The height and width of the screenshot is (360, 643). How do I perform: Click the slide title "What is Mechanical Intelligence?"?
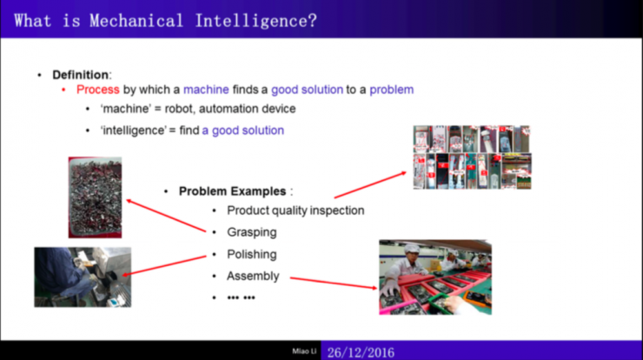coord(165,21)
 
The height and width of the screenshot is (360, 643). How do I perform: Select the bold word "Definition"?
coord(80,75)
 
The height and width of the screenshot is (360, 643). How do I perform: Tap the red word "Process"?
coord(98,90)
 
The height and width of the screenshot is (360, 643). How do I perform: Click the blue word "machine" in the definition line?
coord(206,90)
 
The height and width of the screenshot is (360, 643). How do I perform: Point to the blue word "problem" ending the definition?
coord(392,90)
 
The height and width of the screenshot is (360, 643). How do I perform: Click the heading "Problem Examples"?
coord(233,191)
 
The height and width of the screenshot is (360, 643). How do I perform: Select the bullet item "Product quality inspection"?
coord(295,210)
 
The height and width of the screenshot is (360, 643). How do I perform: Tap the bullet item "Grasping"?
coord(252,232)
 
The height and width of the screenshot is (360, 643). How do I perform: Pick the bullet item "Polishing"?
coord(252,255)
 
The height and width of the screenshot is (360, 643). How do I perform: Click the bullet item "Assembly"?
coord(253,277)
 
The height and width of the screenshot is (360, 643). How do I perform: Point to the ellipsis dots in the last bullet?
coord(242,297)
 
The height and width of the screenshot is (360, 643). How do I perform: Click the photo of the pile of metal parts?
coord(95,197)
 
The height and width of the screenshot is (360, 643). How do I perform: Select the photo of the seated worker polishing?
coord(83,277)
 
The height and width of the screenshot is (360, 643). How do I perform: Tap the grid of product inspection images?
coord(472,157)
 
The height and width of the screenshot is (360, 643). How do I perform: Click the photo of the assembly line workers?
coord(435,277)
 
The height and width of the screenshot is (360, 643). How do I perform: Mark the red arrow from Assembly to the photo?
coord(334,283)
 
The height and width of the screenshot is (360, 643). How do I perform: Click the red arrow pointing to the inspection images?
coord(370,185)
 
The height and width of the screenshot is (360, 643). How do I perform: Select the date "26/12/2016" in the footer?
coord(361,353)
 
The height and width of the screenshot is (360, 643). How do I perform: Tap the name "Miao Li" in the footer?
coord(304,351)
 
